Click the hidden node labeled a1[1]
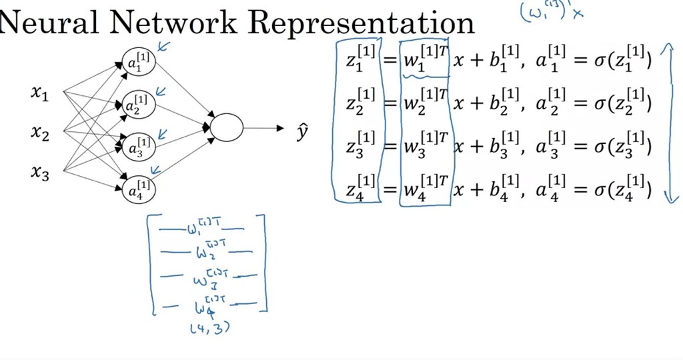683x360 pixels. tap(139, 63)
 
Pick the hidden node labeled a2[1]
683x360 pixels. tap(139, 105)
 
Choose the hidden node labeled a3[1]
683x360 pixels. tap(139, 146)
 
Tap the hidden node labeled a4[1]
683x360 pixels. tap(139, 189)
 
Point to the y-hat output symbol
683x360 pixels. tap(302, 133)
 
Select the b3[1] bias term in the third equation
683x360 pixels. tap(498, 147)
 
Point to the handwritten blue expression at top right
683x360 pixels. tap(551, 12)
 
